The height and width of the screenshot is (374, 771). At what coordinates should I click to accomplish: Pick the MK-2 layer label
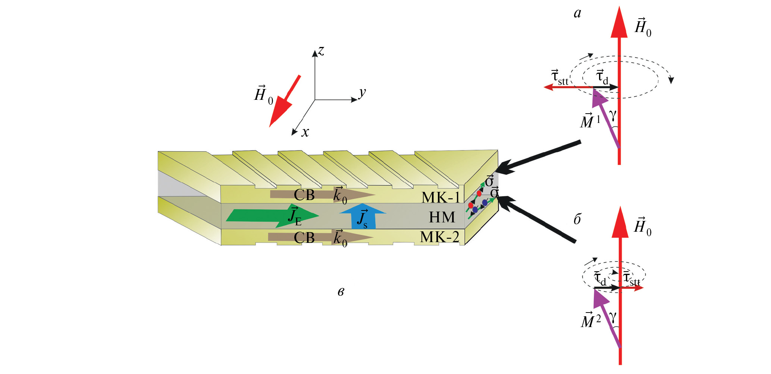point(439,237)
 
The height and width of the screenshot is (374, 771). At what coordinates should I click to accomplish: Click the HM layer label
point(442,217)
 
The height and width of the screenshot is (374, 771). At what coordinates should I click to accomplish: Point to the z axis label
point(321,51)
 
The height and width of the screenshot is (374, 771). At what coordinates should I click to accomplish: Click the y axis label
point(362,92)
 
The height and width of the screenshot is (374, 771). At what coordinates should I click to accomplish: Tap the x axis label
point(305,132)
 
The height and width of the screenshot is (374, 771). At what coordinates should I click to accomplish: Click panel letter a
point(577,13)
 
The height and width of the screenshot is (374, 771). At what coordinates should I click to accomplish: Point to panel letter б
point(577,220)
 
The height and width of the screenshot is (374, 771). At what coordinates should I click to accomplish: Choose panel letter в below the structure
point(341,292)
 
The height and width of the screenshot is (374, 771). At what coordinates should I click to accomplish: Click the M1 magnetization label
point(590,121)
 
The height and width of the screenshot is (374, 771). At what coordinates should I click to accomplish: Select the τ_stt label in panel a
point(560,77)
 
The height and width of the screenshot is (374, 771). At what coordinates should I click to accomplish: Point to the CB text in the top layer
point(304,195)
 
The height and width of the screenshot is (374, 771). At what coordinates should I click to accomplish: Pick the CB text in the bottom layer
point(304,238)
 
